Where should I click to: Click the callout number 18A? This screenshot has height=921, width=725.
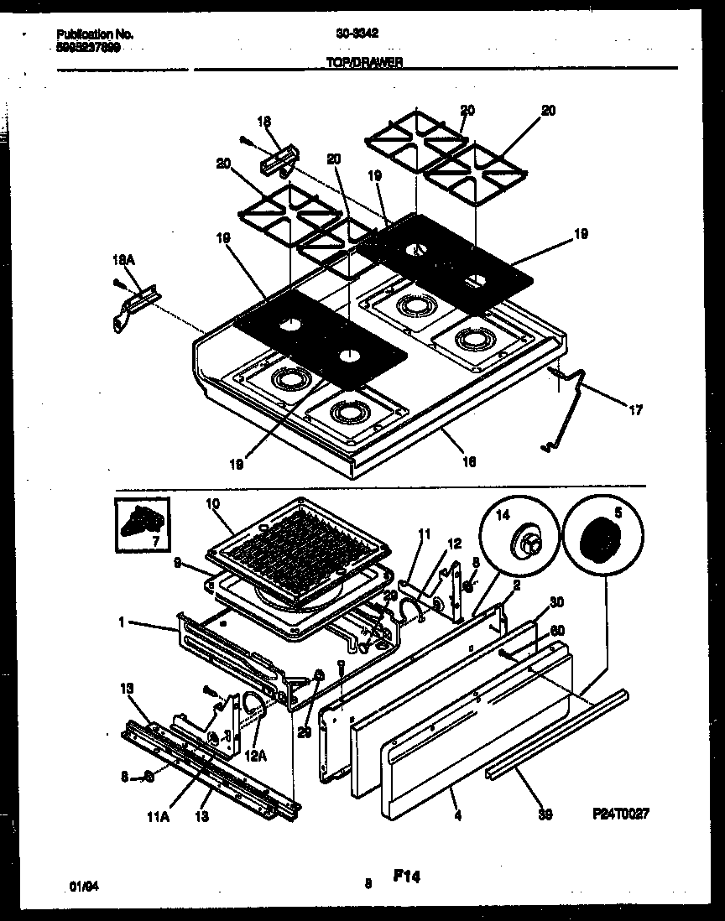click(x=123, y=262)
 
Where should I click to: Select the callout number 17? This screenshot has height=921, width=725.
click(x=635, y=410)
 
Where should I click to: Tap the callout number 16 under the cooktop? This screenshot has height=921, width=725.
click(x=469, y=460)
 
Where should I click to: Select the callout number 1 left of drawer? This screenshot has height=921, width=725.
click(x=123, y=623)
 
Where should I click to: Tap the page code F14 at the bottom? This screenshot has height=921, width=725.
click(x=405, y=877)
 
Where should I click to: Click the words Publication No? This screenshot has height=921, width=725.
click(x=94, y=34)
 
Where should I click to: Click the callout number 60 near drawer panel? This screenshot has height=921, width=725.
click(x=555, y=631)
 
